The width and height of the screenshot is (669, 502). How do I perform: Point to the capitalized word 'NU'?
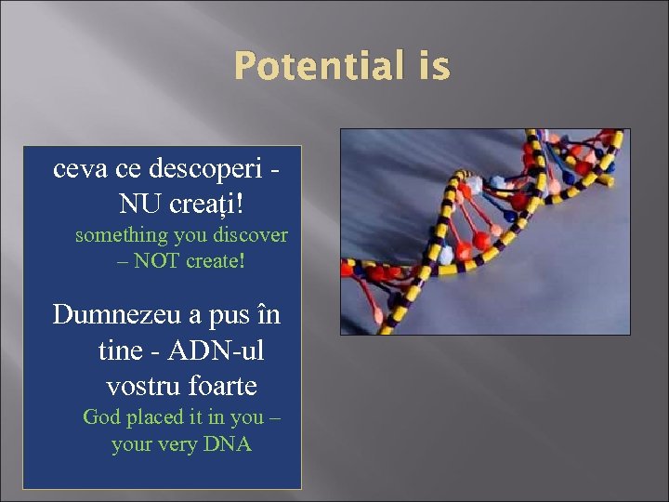click(x=139, y=202)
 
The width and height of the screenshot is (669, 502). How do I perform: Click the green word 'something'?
click(x=121, y=235)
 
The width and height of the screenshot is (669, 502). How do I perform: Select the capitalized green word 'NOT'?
click(x=157, y=261)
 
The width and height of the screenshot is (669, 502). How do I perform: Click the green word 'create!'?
click(x=215, y=261)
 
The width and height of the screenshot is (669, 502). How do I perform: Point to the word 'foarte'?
click(x=223, y=385)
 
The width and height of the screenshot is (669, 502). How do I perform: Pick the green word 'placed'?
click(x=157, y=417)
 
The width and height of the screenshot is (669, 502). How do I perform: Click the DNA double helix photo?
click(x=484, y=231)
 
